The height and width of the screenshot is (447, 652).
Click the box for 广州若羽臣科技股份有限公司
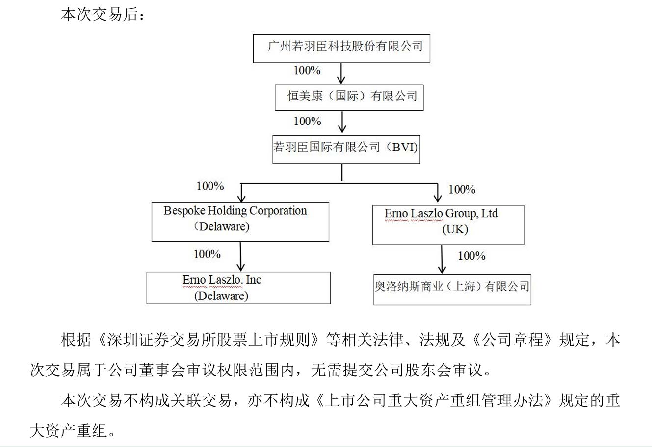point(341,48)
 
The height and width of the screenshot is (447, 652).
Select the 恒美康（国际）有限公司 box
point(349,97)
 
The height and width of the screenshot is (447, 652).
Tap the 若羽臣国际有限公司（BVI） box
point(346,149)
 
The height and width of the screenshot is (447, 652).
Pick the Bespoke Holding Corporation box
point(240,222)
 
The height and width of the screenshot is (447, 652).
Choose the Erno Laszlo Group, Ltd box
point(448,224)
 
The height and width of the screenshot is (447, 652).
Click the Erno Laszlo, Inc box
point(238,288)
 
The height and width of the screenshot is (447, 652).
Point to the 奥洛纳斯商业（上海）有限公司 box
point(452,289)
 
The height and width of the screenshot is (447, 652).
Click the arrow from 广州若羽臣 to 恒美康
point(341,73)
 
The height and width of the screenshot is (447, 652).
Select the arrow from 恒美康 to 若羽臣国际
point(342,122)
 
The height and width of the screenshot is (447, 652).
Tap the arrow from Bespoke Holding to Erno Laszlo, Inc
point(240,256)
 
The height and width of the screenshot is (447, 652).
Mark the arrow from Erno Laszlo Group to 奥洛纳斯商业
point(442,259)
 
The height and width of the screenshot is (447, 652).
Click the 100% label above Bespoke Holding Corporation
point(210,186)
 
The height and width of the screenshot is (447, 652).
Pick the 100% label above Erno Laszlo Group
point(462,189)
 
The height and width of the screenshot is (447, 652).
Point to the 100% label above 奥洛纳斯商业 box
point(471,256)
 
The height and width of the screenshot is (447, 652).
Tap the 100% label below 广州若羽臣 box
point(307,70)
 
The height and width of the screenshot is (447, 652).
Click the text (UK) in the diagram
point(455,229)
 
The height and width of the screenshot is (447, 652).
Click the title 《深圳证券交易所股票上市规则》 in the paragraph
point(209,340)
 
